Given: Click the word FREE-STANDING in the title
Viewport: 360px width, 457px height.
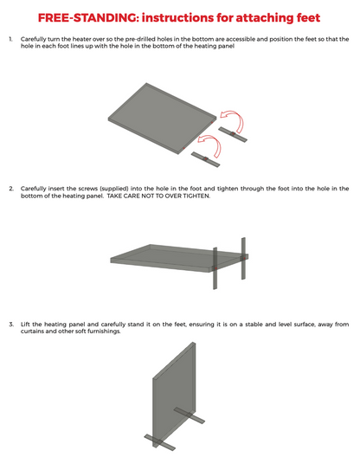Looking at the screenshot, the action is pos(87,18).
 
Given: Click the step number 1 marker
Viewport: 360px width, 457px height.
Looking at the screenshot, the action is pos(10,39).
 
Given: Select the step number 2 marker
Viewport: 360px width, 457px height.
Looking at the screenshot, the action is pos(11,189).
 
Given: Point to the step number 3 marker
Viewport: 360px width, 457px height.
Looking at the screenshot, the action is pos(11,325).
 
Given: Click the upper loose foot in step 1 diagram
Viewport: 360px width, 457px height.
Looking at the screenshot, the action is pos(233,134).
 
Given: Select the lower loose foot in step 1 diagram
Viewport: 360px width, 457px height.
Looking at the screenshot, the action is pos(205,159).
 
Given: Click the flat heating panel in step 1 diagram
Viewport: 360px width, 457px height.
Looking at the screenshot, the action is pos(162,119).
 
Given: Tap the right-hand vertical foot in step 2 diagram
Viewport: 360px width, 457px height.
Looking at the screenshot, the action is pos(243,258).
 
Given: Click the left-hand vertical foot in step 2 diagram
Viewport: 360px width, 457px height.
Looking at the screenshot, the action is pos(215,268).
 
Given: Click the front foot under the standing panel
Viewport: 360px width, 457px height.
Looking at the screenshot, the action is pos(160,442).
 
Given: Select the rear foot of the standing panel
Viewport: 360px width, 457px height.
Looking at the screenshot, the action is pos(190,415).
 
